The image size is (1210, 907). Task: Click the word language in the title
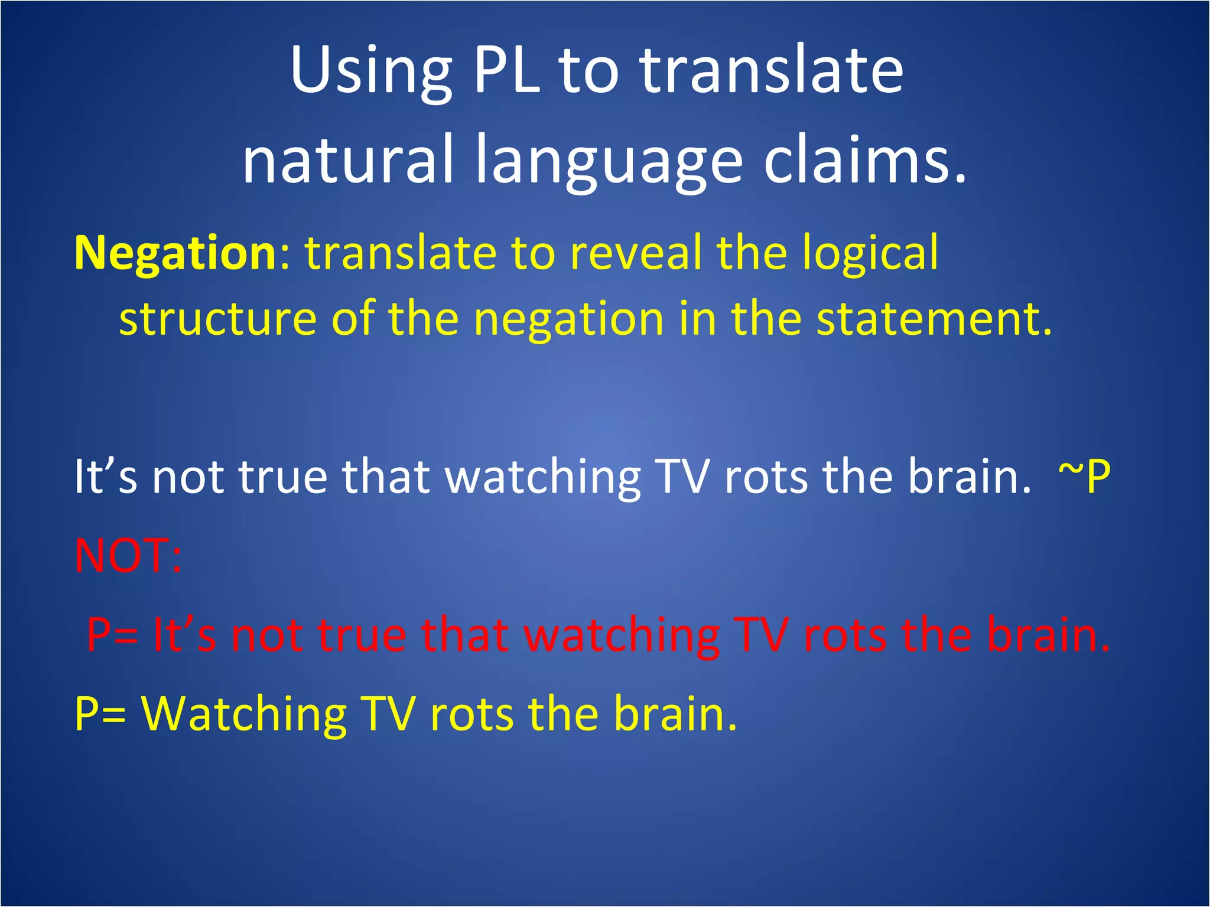coord(609,165)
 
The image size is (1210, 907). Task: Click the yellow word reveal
coord(636,253)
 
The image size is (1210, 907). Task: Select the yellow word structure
coord(218,319)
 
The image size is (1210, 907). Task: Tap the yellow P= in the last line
coord(100,714)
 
